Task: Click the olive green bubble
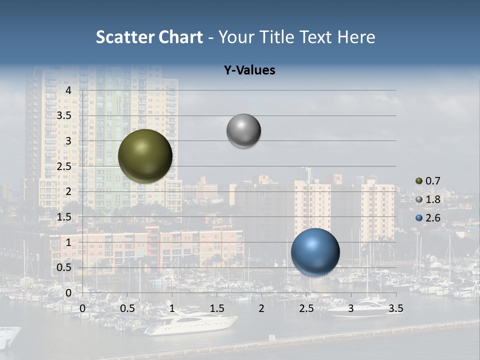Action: click(145, 156)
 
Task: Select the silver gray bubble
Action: click(243, 131)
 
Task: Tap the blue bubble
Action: click(315, 252)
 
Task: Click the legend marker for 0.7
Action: click(419, 181)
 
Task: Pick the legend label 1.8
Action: click(432, 199)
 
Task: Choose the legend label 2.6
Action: click(432, 218)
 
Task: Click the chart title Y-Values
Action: click(249, 70)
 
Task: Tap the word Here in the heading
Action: click(356, 37)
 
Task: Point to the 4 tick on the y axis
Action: click(69, 90)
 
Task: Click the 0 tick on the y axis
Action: click(69, 292)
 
